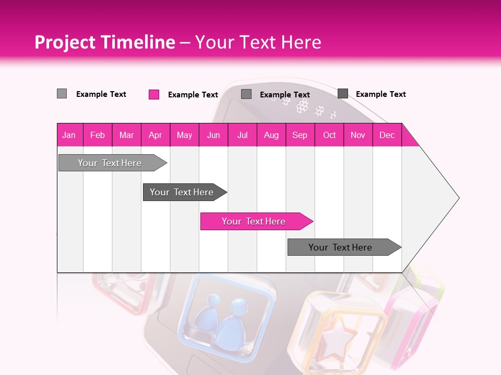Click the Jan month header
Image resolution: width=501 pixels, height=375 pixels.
click(69, 135)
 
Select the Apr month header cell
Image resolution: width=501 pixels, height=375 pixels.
click(156, 135)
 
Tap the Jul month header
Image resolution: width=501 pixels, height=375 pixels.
click(242, 135)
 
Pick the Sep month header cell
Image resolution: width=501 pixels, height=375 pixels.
click(300, 135)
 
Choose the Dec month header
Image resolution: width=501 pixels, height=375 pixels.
click(387, 135)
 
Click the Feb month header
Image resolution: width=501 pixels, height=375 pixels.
click(98, 135)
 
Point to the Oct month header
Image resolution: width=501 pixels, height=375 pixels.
click(329, 135)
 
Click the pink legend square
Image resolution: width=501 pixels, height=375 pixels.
click(154, 94)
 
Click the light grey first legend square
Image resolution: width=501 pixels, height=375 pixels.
click(62, 94)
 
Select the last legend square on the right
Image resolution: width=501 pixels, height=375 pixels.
click(343, 94)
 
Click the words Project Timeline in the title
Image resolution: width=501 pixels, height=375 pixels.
click(104, 42)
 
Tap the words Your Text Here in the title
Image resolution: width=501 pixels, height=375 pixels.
click(258, 42)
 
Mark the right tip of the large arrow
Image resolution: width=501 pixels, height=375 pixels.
click(458, 198)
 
